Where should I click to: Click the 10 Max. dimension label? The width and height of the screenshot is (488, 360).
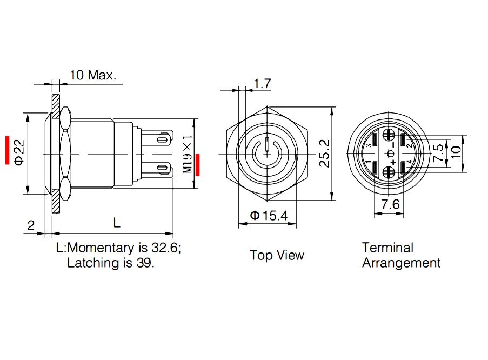coord(92,75)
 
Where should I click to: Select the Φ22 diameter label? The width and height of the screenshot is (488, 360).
coord(19,152)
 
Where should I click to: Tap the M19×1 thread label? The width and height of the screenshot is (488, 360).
coord(188,154)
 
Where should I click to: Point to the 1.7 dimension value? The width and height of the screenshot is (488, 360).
coord(262,83)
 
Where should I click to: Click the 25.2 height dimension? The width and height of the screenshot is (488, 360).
coord(324,154)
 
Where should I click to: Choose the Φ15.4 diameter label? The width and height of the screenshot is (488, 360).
coord(269,216)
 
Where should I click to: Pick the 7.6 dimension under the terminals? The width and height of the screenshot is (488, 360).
coord(390,204)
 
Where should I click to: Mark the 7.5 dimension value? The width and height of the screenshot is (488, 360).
coord(438,152)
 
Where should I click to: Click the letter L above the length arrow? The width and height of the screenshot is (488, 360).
coord(117,223)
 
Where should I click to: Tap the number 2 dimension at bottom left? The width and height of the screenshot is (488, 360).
coord(31,225)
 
